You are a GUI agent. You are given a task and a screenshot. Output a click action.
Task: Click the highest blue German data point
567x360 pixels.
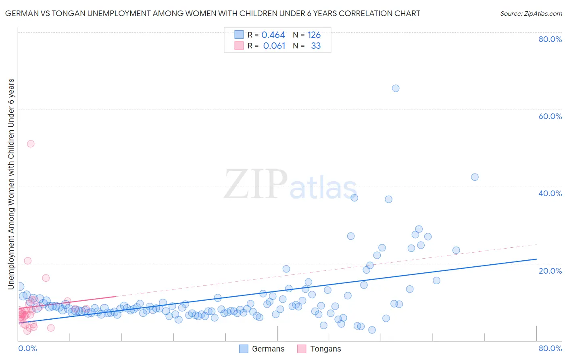pos(396,88)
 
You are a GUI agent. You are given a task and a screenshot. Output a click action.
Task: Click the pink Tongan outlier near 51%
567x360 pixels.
pos(31,144)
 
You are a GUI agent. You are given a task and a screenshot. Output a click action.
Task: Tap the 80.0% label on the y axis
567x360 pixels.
pos(550,39)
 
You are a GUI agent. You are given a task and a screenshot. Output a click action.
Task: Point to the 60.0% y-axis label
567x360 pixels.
pos(550,116)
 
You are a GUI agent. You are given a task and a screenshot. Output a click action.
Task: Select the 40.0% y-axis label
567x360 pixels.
pos(550,193)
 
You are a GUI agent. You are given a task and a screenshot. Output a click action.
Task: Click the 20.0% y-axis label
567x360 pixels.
pos(550,271)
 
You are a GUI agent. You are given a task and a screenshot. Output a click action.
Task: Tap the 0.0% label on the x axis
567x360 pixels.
pos(27,348)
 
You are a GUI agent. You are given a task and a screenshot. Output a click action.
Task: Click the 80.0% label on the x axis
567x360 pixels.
pos(550,348)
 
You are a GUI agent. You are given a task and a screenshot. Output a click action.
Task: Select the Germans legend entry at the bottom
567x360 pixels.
pos(262,349)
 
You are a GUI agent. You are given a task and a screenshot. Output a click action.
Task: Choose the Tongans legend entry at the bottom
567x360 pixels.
pos(319,349)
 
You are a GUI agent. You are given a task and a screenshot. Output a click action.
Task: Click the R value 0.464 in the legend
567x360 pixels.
pos(273,35)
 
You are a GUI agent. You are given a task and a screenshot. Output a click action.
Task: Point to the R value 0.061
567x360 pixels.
pos(274,46)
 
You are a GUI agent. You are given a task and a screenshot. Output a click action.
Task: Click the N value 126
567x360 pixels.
pos(314,35)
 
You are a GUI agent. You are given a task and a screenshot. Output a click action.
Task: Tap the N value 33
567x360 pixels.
pos(316,46)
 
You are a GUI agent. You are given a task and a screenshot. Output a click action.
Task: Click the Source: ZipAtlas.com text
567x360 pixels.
pos(531,14)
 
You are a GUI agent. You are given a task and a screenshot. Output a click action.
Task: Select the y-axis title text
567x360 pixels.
pos(11,184)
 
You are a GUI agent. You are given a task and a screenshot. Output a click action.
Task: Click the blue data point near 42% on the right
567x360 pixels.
pos(475,177)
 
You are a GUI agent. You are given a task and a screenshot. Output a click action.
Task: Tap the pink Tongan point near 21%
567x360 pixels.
pos(28,261)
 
